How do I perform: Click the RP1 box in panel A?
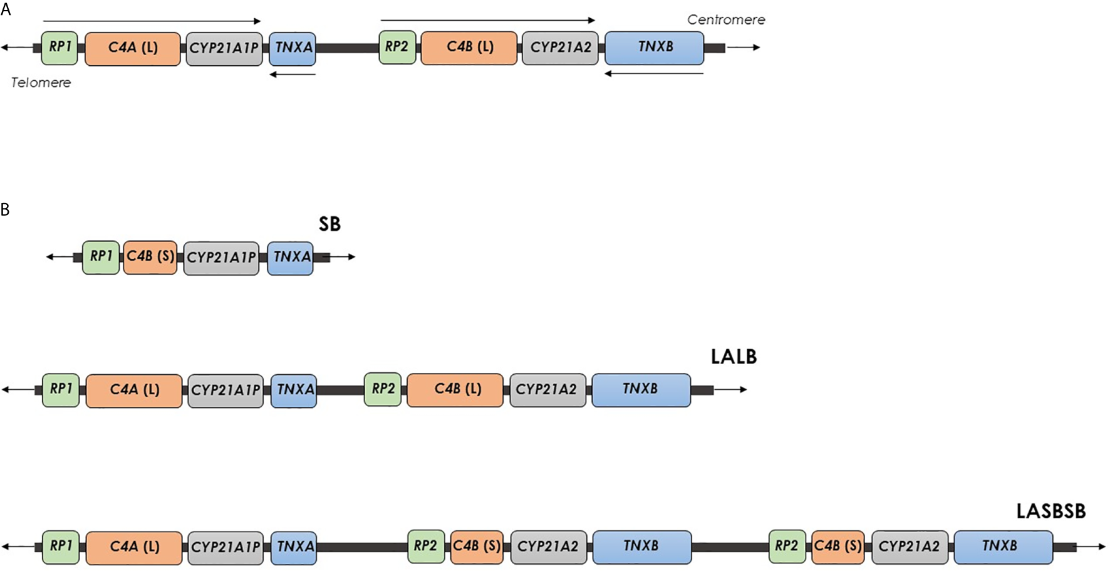tap(60, 48)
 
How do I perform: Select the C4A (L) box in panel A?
tap(133, 48)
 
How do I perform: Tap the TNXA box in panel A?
tap(293, 48)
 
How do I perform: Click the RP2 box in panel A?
tap(397, 48)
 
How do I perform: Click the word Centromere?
tap(726, 19)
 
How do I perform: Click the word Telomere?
tap(41, 82)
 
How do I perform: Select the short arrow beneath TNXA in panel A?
tap(293, 75)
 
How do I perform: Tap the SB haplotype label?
tap(329, 224)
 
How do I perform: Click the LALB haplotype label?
tap(734, 357)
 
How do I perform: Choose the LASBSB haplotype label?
tap(1050, 511)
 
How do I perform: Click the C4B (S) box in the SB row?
tap(150, 257)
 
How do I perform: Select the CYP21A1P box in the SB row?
tap(221, 258)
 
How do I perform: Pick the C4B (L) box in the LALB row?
tap(455, 390)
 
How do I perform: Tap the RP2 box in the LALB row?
tap(383, 389)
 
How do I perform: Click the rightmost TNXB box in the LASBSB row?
tap(1003, 547)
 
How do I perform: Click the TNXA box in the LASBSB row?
tap(294, 547)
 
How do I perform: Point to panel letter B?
tap(5, 209)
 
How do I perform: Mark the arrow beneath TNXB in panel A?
tap(654, 73)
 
